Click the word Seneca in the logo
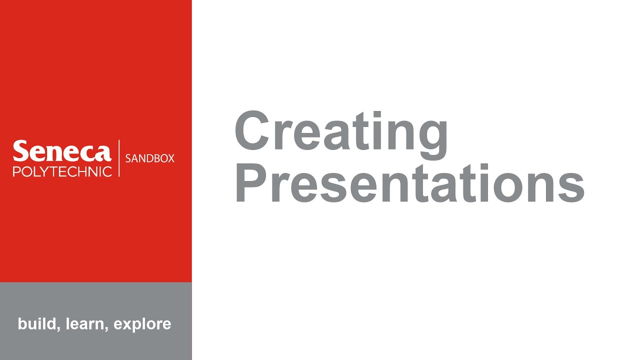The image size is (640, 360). click(62, 151)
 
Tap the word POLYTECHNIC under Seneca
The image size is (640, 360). click(62, 171)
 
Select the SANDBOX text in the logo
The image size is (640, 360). click(149, 158)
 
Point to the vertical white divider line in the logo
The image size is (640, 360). click(119, 158)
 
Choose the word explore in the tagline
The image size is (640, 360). click(142, 324)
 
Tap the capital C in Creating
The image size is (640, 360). click(253, 131)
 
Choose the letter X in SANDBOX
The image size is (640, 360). click(170, 158)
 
